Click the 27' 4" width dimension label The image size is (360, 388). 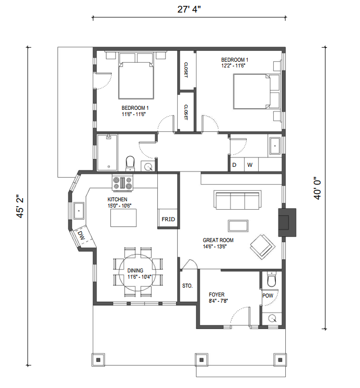pos(189,9)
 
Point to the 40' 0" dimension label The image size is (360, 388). pos(317,188)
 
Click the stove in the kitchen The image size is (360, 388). pos(122,183)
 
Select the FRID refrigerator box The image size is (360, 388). pos(168,219)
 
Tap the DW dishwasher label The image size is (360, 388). pos(81,235)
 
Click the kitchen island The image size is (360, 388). pos(123,218)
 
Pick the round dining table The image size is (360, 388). pos(137,272)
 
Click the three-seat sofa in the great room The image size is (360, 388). pos(238,200)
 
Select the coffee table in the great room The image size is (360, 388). pos(238,226)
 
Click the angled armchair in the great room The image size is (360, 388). pos(263,247)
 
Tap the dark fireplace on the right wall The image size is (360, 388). pos(287,222)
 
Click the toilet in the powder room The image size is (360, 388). pos(272,279)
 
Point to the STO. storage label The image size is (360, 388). pos(187,286)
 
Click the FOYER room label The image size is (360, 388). pos(217,294)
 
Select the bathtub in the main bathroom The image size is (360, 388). pos(107,153)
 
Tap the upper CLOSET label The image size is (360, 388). pos(186,70)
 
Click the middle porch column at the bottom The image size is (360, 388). pos(202,360)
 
